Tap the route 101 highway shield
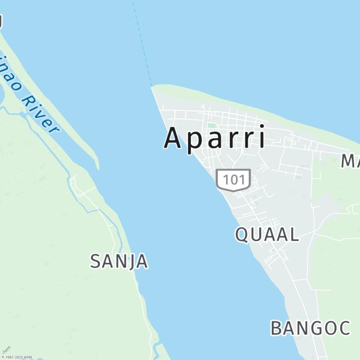[x=233, y=180]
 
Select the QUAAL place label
[x=267, y=234]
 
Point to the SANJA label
[x=119, y=261]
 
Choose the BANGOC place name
[x=310, y=328]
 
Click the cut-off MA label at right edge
[x=350, y=161]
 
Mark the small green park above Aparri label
[x=211, y=126]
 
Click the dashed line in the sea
[x=142, y=45]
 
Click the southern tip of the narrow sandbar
[x=97, y=167]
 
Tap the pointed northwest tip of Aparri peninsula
[x=152, y=87]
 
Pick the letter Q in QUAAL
[x=242, y=234]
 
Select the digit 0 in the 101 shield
[x=233, y=180]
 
